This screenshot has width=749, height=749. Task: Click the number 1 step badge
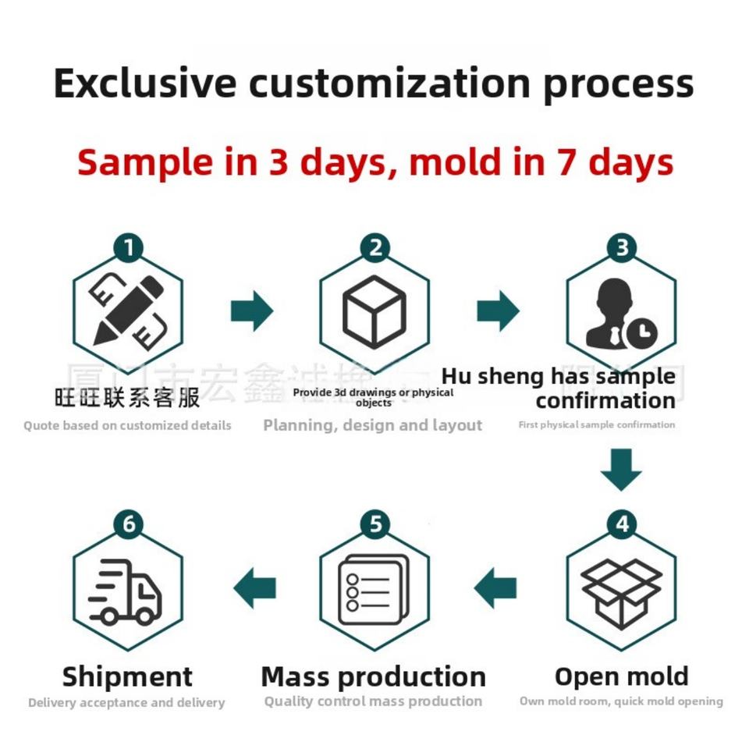point(128,249)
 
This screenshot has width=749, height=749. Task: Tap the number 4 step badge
point(621,525)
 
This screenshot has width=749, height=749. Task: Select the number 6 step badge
point(128,525)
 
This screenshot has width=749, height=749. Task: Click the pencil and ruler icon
point(128,311)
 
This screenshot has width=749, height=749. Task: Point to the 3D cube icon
point(374,311)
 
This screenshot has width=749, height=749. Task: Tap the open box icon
point(621,591)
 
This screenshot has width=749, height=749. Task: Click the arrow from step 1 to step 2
point(251,311)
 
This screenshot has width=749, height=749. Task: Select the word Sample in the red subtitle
point(144,162)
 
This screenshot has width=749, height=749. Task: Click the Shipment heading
point(127,676)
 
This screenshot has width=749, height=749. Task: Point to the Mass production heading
point(373,676)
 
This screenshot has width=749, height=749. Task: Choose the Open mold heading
point(621,676)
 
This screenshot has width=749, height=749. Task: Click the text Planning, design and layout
point(372,425)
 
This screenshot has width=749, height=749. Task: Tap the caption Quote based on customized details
point(127,426)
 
